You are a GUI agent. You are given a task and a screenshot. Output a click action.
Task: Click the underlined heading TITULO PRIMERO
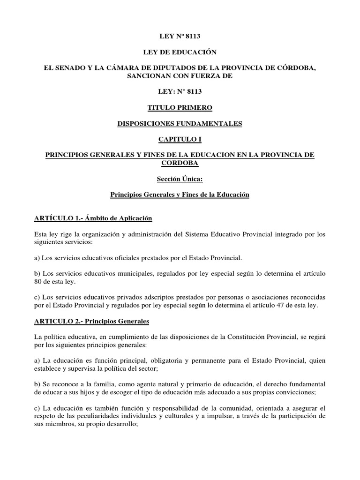[x=180, y=107]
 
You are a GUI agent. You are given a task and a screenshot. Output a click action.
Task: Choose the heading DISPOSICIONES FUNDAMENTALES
[x=180, y=124]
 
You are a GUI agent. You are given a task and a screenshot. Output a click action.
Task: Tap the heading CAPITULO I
[x=180, y=140]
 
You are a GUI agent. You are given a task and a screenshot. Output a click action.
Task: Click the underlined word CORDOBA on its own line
[x=180, y=163]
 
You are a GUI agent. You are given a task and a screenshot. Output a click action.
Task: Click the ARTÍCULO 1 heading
[x=94, y=218]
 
